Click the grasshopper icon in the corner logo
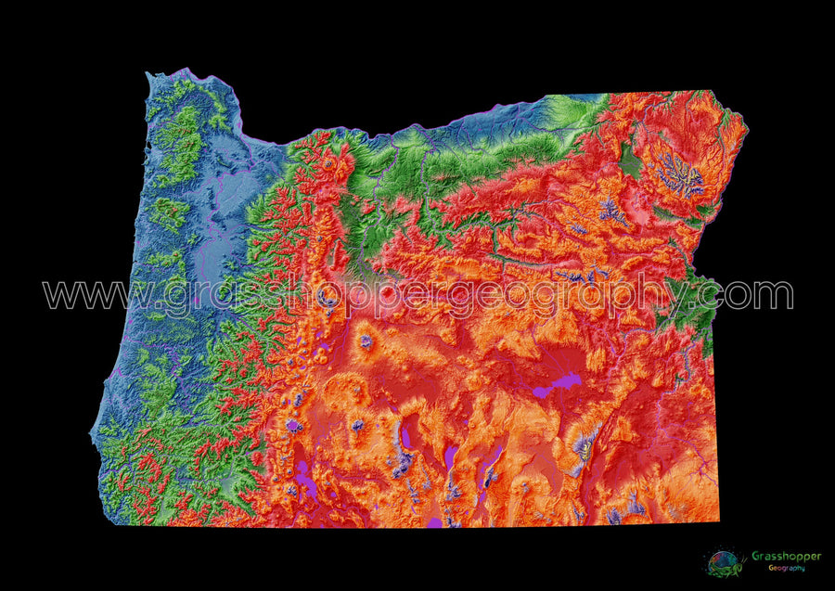click(x=724, y=562)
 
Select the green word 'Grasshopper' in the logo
click(x=786, y=556)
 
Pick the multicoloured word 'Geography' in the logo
click(x=786, y=567)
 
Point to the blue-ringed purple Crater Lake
click(x=295, y=426)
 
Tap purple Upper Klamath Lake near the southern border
click(x=304, y=483)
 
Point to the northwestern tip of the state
click(x=150, y=74)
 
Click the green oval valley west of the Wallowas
click(x=631, y=162)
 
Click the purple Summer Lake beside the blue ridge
click(x=405, y=435)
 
